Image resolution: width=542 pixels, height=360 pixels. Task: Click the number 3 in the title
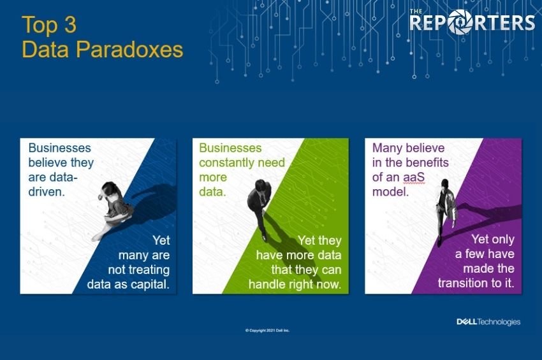click(x=70, y=25)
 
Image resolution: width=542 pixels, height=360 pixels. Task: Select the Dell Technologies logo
click(x=488, y=322)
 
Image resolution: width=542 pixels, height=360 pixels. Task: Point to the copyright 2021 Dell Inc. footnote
click(x=267, y=331)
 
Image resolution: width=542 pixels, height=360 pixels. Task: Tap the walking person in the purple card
click(x=446, y=212)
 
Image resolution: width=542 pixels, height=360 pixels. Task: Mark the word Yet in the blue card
click(x=161, y=240)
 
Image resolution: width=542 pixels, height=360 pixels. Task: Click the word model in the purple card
click(x=390, y=192)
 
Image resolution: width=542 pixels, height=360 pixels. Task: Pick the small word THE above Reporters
click(x=416, y=11)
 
